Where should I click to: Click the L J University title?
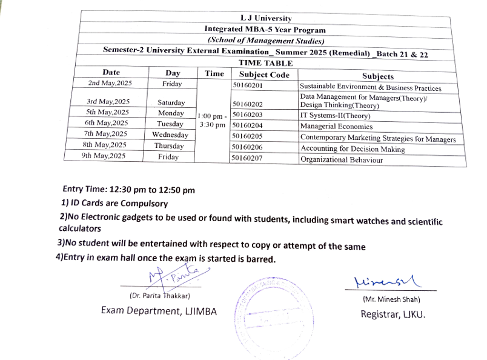pos(265,18)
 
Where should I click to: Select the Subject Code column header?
pos(260,75)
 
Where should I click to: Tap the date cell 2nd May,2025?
pos(110,83)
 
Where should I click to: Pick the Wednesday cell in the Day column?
pos(170,135)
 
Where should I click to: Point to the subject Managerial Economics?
pos(336,127)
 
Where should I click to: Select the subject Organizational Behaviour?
pos(342,160)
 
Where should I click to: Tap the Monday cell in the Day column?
pos(171,113)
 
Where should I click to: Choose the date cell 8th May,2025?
pos(105,145)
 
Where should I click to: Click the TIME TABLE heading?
pos(265,63)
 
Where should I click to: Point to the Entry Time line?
pos(128,190)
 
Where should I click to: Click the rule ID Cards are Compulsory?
pos(115,204)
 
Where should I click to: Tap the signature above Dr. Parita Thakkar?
pos(171,278)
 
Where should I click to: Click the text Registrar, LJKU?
pos(393,314)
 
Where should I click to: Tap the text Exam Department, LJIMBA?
pos(158,311)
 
